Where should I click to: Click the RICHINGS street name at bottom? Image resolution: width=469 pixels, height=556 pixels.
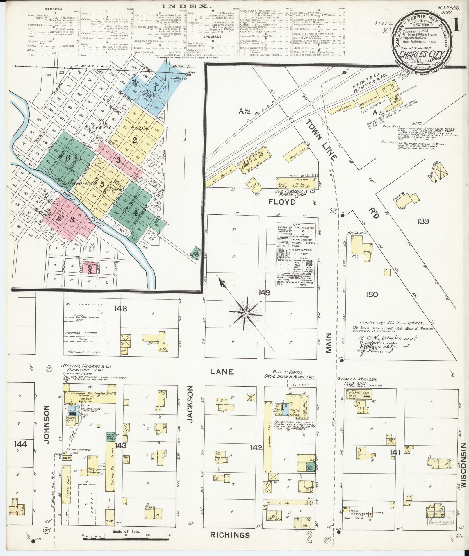[230, 535]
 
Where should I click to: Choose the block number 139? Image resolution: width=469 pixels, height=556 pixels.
[423, 221]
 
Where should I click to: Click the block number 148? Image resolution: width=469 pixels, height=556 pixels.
[121, 309]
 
